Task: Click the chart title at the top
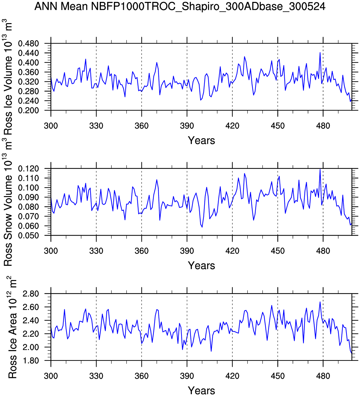point(180,6)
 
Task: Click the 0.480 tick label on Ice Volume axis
point(33,44)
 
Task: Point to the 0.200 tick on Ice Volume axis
point(33,111)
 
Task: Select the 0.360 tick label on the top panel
point(33,72)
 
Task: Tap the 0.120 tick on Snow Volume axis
point(33,169)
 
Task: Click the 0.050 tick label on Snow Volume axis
point(33,236)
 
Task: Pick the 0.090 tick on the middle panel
point(33,197)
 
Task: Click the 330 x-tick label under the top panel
point(96,126)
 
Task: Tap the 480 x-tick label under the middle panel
point(323,251)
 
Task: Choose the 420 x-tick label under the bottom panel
point(232,376)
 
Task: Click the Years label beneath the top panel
point(201,140)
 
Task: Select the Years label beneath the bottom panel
point(201,390)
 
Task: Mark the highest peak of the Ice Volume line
point(320,53)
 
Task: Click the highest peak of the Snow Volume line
point(320,169)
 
